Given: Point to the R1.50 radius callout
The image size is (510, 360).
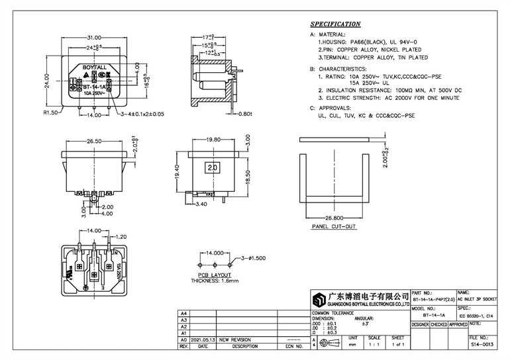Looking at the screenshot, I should click(51, 114).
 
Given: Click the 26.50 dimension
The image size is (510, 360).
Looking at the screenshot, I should click(93, 141).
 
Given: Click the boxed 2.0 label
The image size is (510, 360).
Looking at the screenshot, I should click(213, 168).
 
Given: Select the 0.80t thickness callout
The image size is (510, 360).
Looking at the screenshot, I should click(246, 114).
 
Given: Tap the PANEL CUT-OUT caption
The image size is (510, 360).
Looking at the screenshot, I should click(334, 226).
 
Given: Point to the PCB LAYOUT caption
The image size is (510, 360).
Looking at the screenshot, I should click(215, 274).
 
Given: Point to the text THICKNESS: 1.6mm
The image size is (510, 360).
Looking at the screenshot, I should click(214, 281).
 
